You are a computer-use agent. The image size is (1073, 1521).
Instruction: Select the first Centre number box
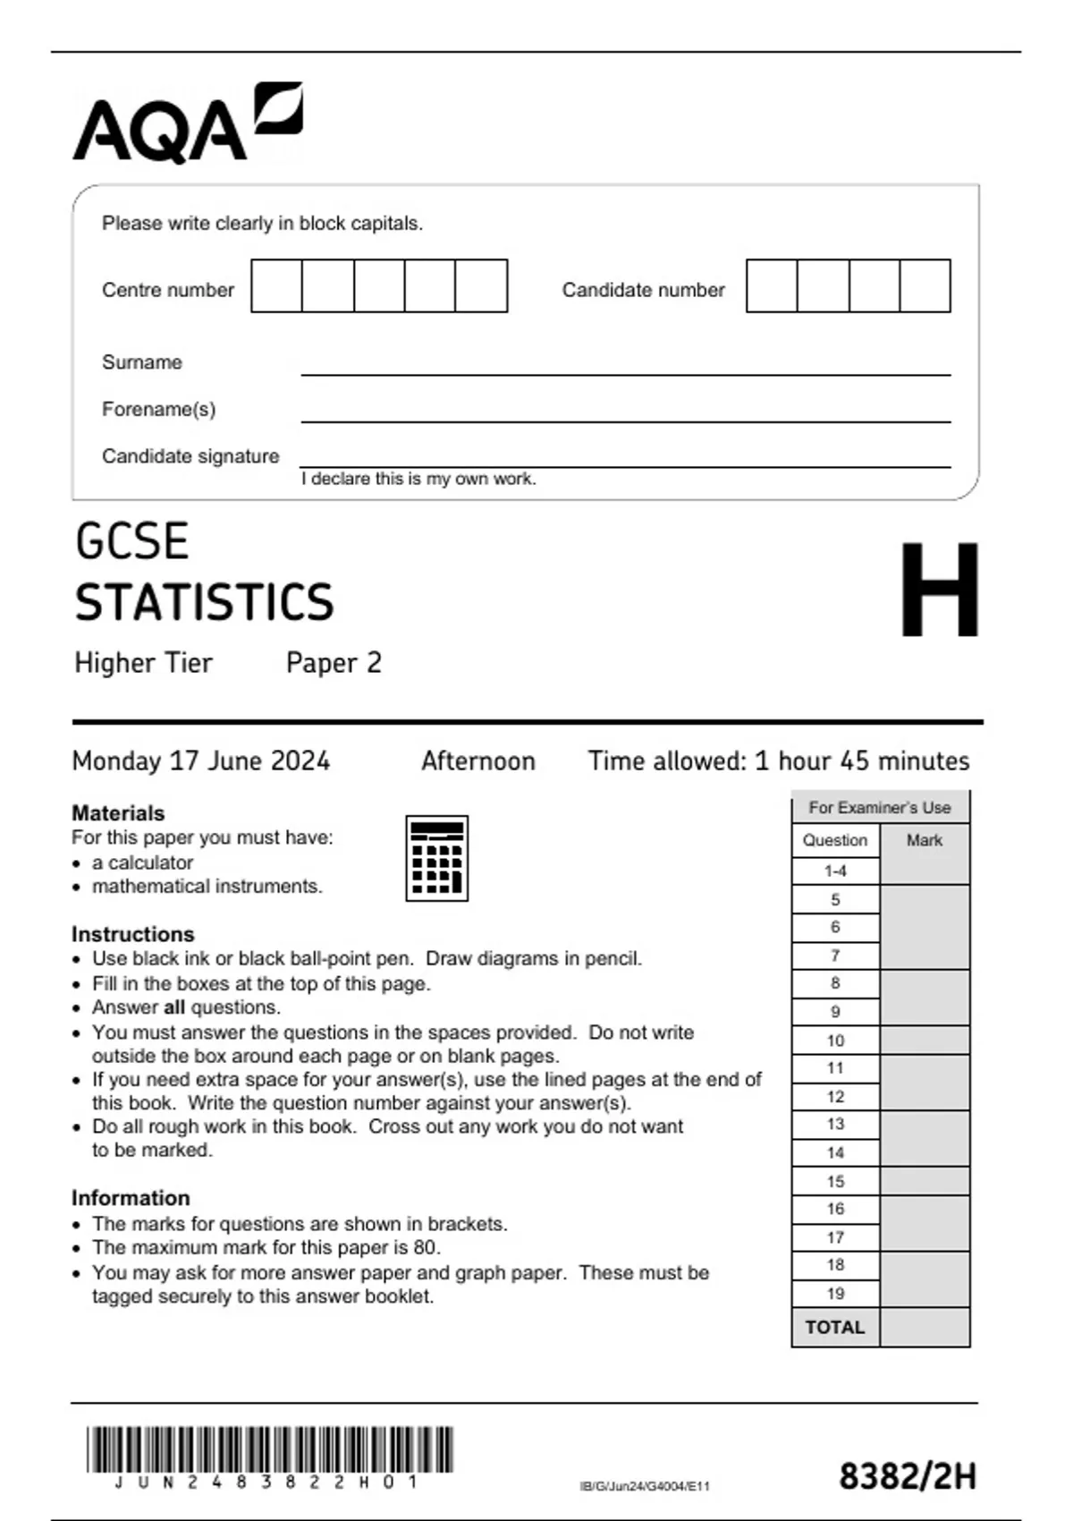coord(276,286)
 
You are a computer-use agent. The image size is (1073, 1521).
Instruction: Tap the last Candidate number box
coord(925,286)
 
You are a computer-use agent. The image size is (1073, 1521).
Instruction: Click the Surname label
coord(142,362)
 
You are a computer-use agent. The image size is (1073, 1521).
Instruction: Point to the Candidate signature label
coord(190,456)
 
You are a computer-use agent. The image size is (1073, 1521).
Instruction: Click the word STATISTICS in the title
coord(204,602)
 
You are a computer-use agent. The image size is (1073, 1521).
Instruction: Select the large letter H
coord(939,591)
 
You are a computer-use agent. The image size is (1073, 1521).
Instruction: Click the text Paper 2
coord(334,663)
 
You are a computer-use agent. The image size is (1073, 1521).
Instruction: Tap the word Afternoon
coord(478,761)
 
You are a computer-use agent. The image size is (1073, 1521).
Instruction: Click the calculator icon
coord(437,858)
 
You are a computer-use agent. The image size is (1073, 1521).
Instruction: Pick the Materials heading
coord(118,813)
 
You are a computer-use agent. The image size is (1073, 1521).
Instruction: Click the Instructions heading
coord(133,934)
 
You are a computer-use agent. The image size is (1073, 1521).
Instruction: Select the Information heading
coord(131,1198)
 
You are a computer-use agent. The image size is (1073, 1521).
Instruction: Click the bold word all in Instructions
coord(173,1007)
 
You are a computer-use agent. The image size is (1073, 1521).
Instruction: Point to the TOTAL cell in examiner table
coord(835,1328)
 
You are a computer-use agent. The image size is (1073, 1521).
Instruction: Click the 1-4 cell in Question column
coord(835,871)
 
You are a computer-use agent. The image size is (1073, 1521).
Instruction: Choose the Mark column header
coord(924,840)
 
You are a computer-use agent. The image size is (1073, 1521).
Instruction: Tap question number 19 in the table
coord(835,1294)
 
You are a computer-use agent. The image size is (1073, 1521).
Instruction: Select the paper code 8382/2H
coord(907,1476)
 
